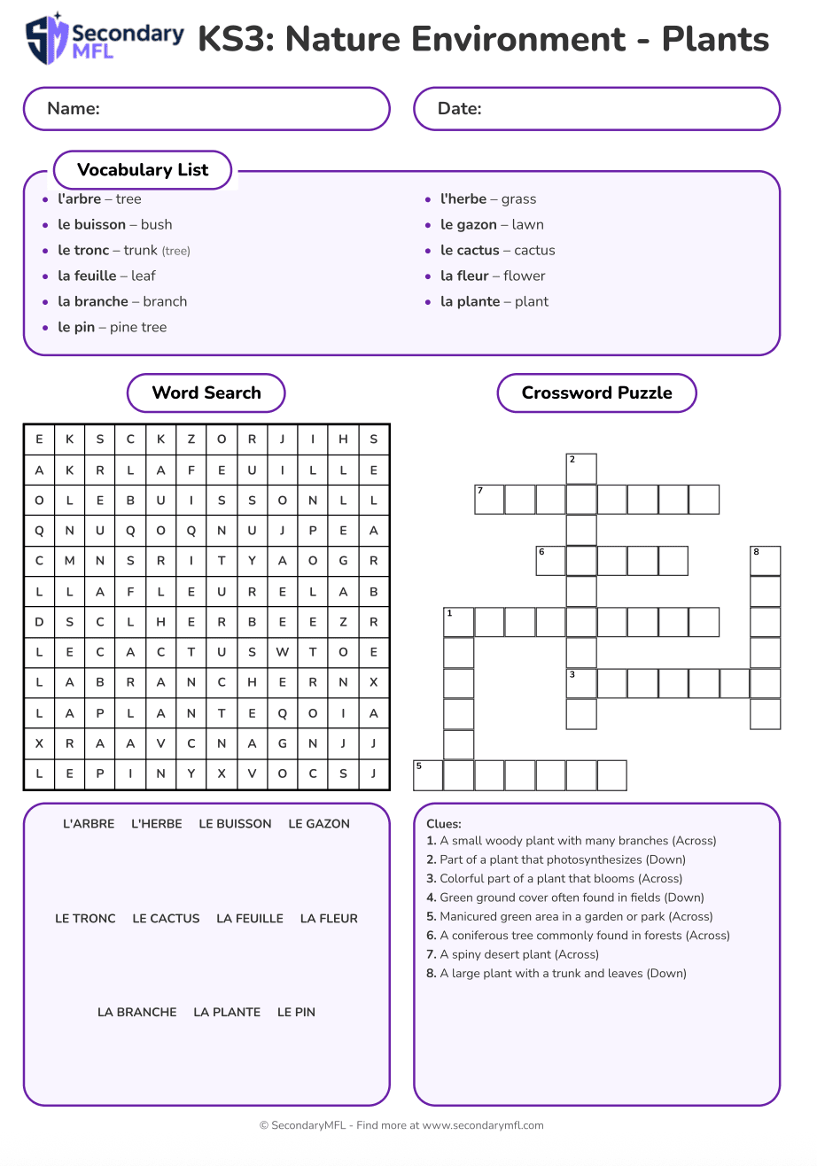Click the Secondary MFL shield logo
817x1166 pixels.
pyautogui.click(x=47, y=39)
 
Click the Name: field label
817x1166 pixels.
pyautogui.click(x=74, y=109)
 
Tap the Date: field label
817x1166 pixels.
pyautogui.click(x=459, y=109)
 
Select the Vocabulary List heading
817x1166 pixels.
pyautogui.click(x=143, y=170)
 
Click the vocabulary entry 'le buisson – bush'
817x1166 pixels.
pyautogui.click(x=115, y=225)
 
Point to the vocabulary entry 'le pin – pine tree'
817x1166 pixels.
pyautogui.click(x=113, y=328)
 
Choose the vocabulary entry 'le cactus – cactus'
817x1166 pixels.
pyautogui.click(x=498, y=251)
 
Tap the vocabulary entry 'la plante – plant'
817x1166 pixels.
pyautogui.click(x=494, y=302)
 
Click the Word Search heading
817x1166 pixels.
pyautogui.click(x=206, y=393)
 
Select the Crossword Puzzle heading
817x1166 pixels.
pyautogui.click(x=596, y=393)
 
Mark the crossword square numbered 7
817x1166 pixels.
pyautogui.click(x=489, y=500)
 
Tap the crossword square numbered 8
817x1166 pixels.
pyautogui.click(x=766, y=561)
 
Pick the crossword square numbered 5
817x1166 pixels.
pyautogui.click(x=428, y=775)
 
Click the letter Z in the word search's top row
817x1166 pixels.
pyautogui.click(x=191, y=439)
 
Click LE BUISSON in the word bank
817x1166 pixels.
pyautogui.click(x=235, y=824)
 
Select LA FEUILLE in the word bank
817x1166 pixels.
pyautogui.click(x=250, y=919)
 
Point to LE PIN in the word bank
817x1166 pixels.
pyautogui.click(x=296, y=1013)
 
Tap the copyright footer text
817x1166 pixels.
pyautogui.click(x=401, y=1126)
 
